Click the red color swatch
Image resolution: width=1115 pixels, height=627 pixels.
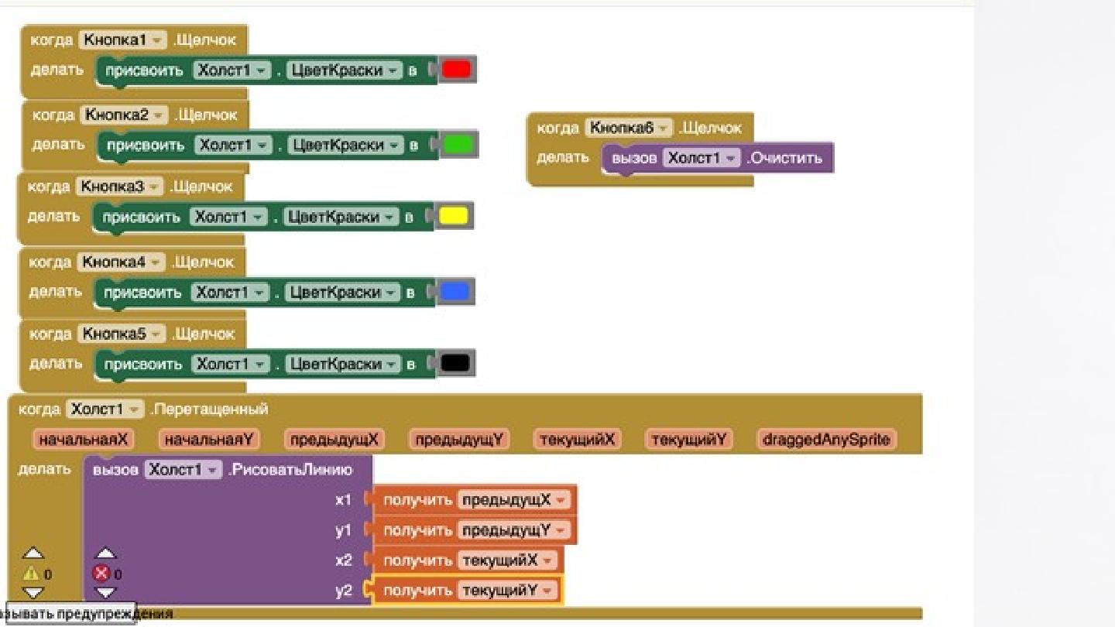click(x=456, y=70)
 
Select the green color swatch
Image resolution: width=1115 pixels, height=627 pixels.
click(x=458, y=145)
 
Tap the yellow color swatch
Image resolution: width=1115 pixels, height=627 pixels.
click(x=453, y=216)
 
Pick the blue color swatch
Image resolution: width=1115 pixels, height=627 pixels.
click(x=455, y=292)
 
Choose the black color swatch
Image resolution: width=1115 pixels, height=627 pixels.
click(x=455, y=363)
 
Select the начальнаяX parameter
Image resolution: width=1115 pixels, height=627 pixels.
click(x=84, y=440)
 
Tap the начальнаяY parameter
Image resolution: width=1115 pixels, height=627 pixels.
click(x=210, y=440)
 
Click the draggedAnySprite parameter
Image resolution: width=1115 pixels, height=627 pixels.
click(x=826, y=440)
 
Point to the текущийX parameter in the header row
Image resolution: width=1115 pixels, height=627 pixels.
click(x=578, y=440)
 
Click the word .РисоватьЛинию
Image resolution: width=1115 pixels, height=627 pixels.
click(x=290, y=470)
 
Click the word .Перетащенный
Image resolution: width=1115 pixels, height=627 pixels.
click(x=210, y=409)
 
